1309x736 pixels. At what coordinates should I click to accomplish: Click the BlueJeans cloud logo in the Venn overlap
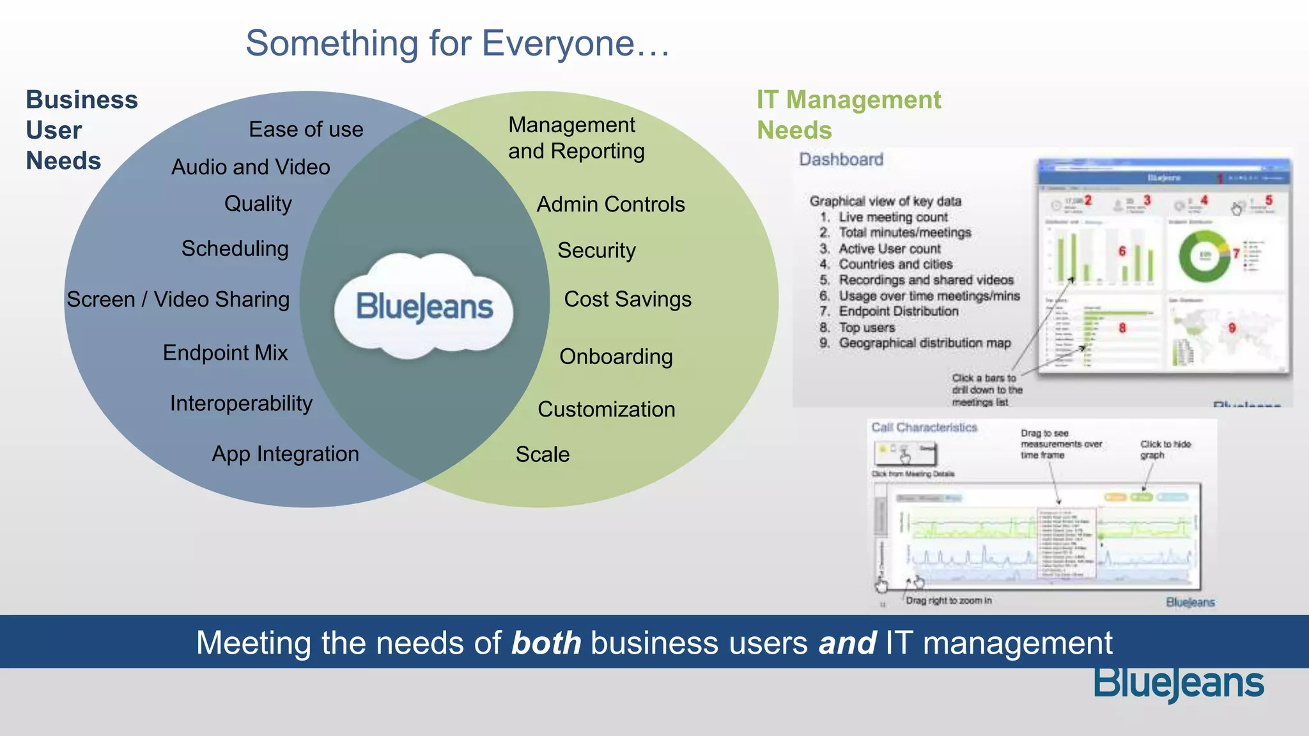tap(424, 307)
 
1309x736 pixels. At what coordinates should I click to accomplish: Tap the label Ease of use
tap(306, 130)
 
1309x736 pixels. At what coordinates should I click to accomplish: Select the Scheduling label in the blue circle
tap(235, 249)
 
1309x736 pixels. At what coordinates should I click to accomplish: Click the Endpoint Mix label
tap(225, 353)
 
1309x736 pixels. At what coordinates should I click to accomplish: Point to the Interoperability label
tap(241, 403)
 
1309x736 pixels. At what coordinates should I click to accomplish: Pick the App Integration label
tap(285, 454)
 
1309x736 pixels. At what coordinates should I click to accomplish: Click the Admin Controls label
tap(610, 204)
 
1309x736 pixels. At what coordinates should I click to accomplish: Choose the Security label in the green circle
tap(596, 250)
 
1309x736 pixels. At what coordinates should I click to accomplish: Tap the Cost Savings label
tap(628, 299)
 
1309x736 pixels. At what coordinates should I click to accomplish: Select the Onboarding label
tap(616, 356)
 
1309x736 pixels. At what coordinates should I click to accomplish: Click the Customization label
tap(606, 410)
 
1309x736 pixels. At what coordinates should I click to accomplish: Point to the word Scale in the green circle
tap(543, 454)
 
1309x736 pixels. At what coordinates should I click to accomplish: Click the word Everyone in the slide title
tap(557, 43)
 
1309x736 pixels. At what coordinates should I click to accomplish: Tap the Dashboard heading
tap(841, 159)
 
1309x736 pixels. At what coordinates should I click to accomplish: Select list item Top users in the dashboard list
tap(866, 328)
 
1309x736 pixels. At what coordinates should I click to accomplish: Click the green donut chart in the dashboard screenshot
tap(1204, 256)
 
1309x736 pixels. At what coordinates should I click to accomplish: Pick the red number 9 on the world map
tap(1232, 328)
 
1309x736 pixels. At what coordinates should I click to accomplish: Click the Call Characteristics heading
tap(924, 427)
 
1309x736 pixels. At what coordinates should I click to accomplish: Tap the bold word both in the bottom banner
tap(546, 643)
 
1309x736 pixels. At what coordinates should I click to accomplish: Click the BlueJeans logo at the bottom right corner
tap(1179, 684)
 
